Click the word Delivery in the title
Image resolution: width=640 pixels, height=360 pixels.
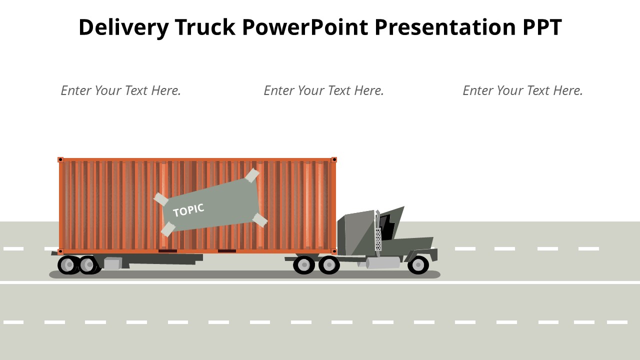point(123,27)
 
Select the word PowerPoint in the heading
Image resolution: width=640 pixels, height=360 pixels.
point(305,27)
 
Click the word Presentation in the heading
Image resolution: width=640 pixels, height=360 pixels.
point(445,27)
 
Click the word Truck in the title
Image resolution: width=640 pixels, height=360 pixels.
point(205,27)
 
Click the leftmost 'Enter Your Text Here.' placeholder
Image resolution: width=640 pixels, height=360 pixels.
point(121,90)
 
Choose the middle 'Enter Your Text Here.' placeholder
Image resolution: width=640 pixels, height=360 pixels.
point(323,90)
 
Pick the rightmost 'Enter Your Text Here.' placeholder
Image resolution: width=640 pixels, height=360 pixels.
point(522,90)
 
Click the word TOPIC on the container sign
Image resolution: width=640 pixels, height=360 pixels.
point(188,210)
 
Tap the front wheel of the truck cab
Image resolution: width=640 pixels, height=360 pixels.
point(418,265)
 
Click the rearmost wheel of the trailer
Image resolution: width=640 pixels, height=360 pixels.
point(68,265)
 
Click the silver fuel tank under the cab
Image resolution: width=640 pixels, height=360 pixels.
point(383,263)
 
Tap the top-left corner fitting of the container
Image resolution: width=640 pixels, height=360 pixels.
point(60,159)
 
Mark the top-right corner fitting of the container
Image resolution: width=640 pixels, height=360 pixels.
point(333,159)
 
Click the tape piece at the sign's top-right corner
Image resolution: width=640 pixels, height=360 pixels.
point(252,175)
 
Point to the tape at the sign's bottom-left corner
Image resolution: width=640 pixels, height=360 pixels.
point(168,229)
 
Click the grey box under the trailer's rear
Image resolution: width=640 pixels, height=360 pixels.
point(112,263)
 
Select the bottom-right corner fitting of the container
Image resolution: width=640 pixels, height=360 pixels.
point(333,251)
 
